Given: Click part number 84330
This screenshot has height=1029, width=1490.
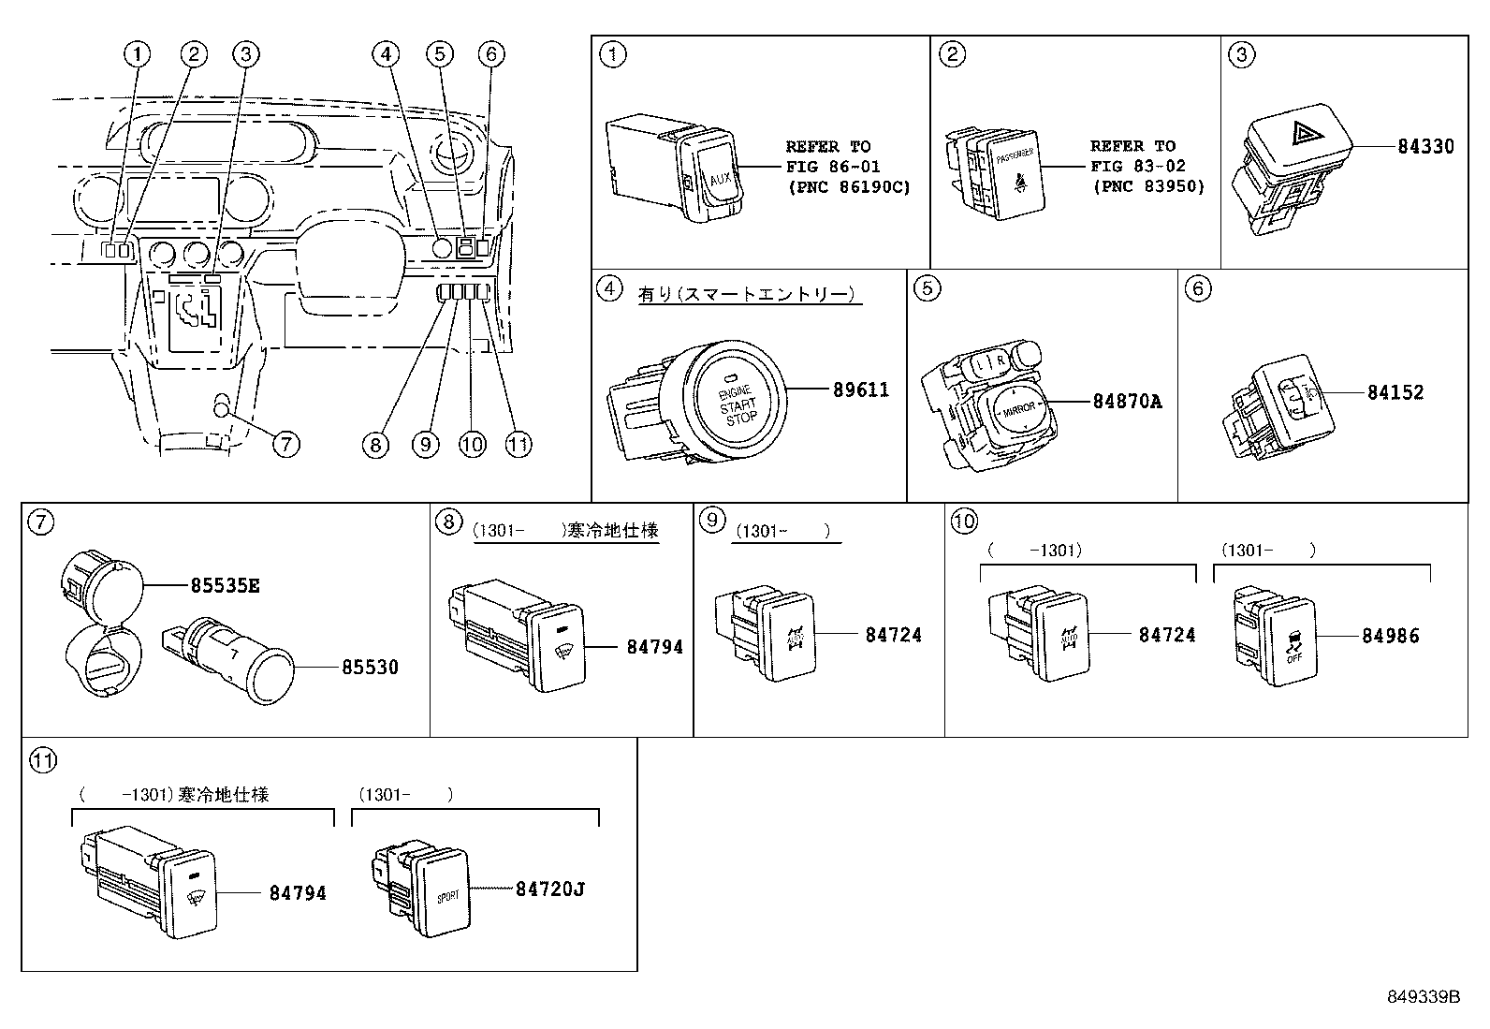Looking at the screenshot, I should [x=1426, y=146].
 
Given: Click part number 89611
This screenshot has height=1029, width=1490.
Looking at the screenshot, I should [x=861, y=390].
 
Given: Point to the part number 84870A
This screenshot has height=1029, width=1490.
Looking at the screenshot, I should [x=1127, y=401].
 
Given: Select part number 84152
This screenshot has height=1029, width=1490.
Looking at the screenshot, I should [x=1395, y=392].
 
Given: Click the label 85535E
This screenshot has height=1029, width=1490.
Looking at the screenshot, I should [x=225, y=586].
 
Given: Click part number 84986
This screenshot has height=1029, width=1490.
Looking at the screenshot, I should [x=1390, y=636].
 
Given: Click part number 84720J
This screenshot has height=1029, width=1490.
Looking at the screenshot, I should [x=549, y=889].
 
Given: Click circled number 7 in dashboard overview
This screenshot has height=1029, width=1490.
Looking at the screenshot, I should [x=285, y=443].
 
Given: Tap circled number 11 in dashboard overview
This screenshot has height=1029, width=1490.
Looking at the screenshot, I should [x=518, y=444].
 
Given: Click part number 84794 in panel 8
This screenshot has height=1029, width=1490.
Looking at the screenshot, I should [x=654, y=646].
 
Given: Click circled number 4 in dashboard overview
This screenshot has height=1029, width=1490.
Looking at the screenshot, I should [x=385, y=55].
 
